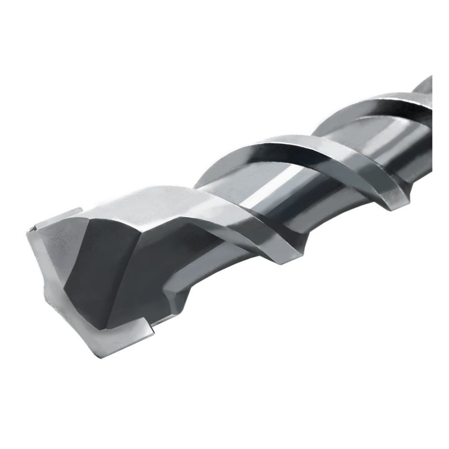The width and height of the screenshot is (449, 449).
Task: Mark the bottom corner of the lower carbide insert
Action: (153, 337)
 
